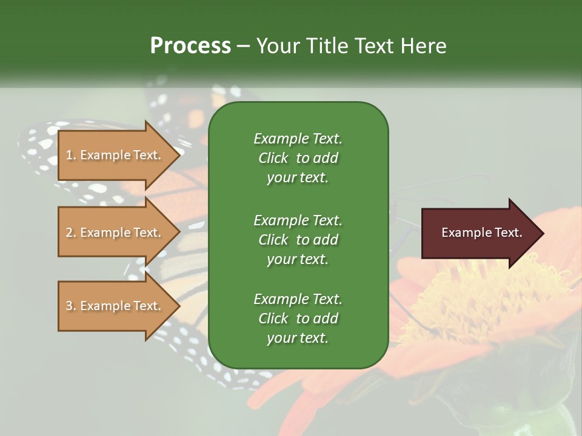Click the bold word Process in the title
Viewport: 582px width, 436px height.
pos(190,46)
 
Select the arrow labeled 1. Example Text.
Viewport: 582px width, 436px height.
pos(115,155)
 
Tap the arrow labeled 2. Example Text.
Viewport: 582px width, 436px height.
pos(115,233)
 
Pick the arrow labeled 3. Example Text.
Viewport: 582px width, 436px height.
pos(115,306)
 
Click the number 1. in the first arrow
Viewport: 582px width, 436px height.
pos(71,155)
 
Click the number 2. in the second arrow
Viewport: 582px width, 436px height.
pos(71,233)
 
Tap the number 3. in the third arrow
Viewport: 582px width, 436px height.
pos(71,306)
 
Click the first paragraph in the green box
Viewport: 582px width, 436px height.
pos(298,158)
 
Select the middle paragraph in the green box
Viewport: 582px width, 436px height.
pos(298,239)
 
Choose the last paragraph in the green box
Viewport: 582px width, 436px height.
pos(298,319)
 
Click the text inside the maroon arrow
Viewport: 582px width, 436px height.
pos(481,233)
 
